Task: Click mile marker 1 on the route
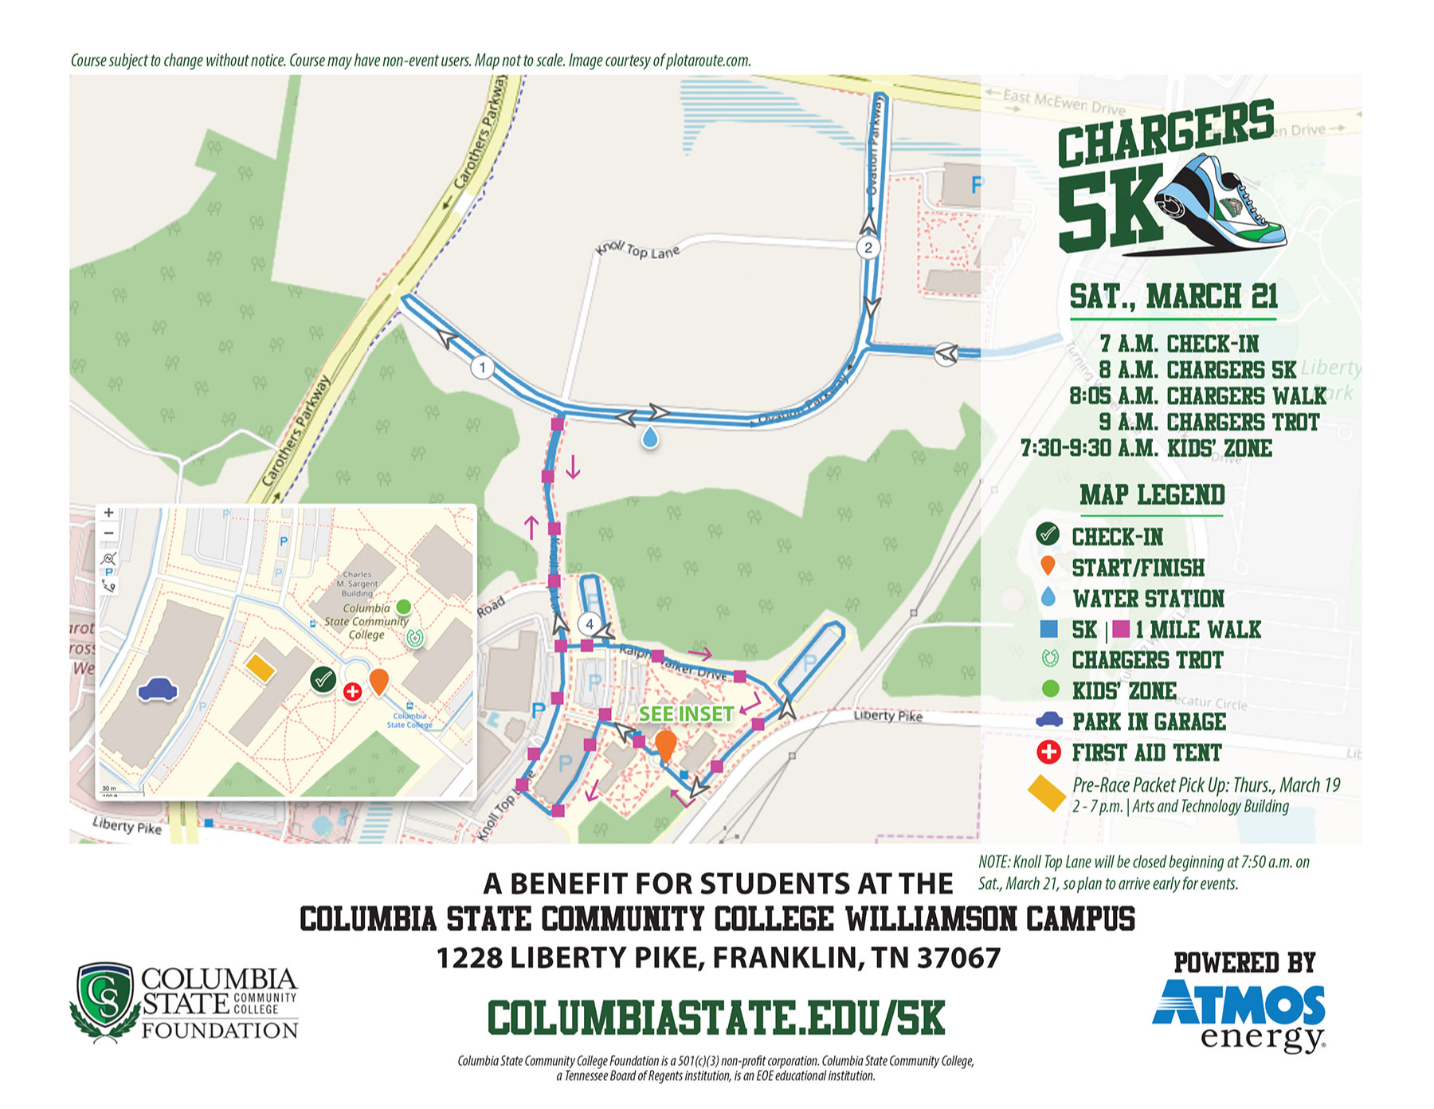(482, 368)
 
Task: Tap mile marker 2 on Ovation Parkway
(868, 247)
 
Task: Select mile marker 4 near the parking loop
(590, 623)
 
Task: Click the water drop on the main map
(651, 438)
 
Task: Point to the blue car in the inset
(158, 690)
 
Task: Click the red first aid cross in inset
(352, 692)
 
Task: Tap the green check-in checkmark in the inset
(323, 680)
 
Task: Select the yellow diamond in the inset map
(260, 668)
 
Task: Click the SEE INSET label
(686, 714)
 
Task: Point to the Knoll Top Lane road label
(637, 251)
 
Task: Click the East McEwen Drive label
(1064, 101)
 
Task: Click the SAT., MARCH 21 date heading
(1173, 297)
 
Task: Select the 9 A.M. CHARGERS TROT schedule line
(1209, 422)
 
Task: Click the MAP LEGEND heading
(1152, 495)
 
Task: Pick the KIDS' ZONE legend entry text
(1123, 690)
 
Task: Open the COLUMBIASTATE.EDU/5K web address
(716, 1019)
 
